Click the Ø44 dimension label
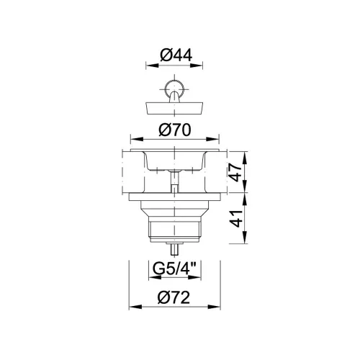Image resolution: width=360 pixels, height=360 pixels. tap(176, 55)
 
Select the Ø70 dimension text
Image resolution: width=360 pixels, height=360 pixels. tap(175, 130)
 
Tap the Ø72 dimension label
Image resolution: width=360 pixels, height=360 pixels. tap(174, 297)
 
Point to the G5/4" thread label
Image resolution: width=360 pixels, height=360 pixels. tap(175, 269)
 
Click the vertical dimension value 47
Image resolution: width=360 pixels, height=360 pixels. tap(235, 172)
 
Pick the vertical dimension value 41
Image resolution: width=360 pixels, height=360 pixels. tap(235, 218)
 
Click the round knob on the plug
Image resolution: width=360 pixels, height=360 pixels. tap(174, 88)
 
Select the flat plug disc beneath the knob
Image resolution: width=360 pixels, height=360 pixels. tap(174, 108)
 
